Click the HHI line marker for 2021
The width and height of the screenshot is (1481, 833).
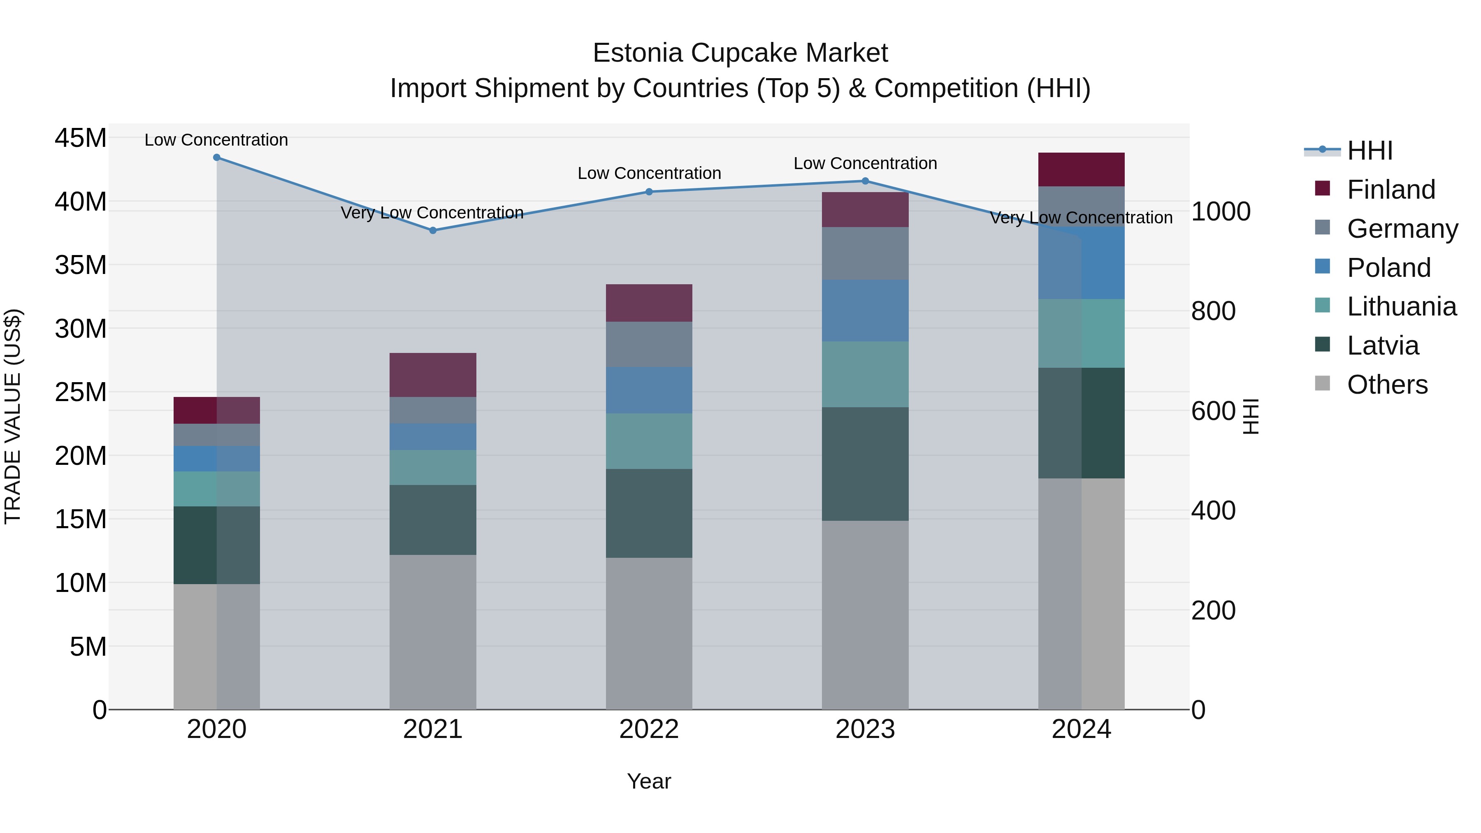pyautogui.click(x=433, y=230)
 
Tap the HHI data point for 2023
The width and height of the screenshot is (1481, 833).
pyautogui.click(x=865, y=181)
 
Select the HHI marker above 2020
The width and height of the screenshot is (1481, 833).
pyautogui.click(x=217, y=158)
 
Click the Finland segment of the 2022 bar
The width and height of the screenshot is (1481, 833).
pyautogui.click(x=649, y=303)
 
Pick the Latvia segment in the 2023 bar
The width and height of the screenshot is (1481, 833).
pyautogui.click(x=865, y=464)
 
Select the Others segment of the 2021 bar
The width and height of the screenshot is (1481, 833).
pyautogui.click(x=433, y=632)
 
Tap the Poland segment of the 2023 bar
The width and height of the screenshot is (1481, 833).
pyautogui.click(x=865, y=311)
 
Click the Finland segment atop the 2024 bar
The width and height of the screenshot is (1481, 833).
pyautogui.click(x=1082, y=169)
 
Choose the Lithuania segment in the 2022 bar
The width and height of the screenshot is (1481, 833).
pyautogui.click(x=649, y=441)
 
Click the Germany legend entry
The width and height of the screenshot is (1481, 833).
pyautogui.click(x=1402, y=229)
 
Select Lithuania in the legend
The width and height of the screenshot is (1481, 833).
pyautogui.click(x=1401, y=307)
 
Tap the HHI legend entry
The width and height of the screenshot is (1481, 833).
pyautogui.click(x=1370, y=151)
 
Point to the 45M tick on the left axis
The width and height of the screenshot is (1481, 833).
pyautogui.click(x=81, y=139)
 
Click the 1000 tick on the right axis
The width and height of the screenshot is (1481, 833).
pyautogui.click(x=1221, y=211)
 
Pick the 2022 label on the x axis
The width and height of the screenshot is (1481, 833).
pyautogui.click(x=649, y=729)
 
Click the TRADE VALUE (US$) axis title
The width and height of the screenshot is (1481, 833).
pyautogui.click(x=13, y=416)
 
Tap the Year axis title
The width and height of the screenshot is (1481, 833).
pyautogui.click(x=649, y=781)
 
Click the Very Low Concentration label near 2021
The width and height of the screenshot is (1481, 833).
pyautogui.click(x=432, y=213)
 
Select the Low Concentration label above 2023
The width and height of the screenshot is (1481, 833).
pyautogui.click(x=865, y=163)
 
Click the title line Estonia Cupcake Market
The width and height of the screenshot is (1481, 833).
pyautogui.click(x=740, y=53)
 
